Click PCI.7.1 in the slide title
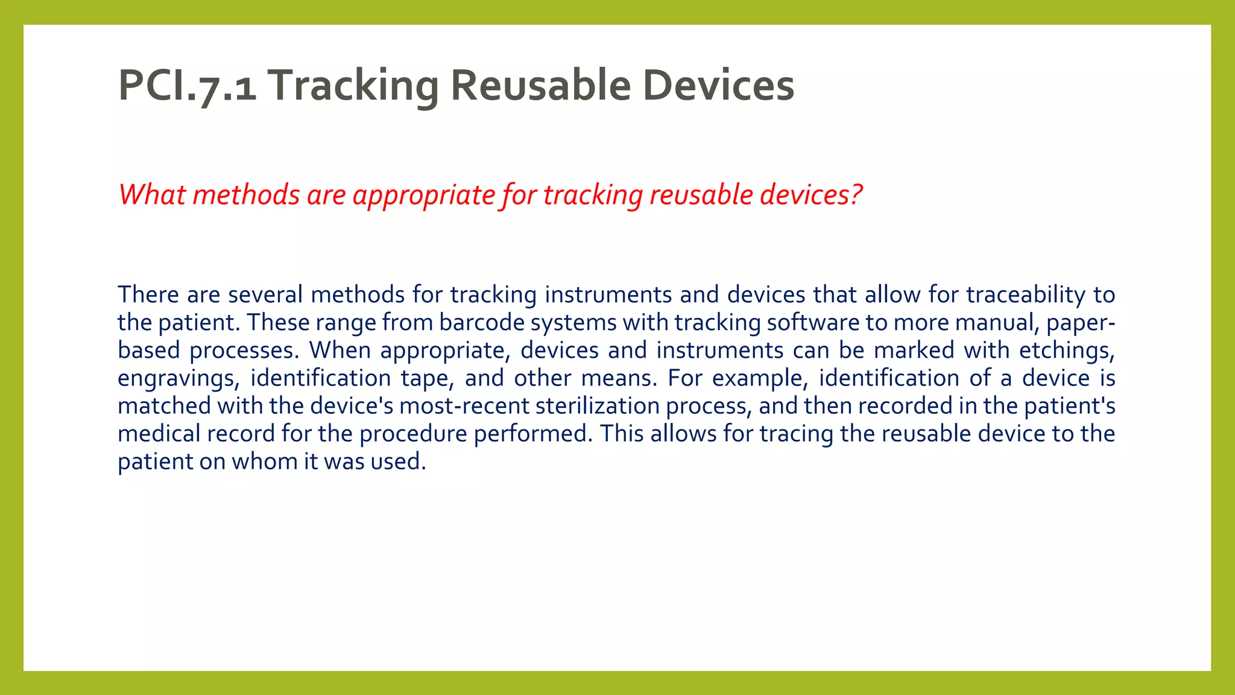pyautogui.click(x=187, y=86)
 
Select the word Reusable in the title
pyautogui.click(x=540, y=86)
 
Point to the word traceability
pyautogui.click(x=1026, y=294)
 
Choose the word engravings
pyautogui.click(x=178, y=379)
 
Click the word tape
pyautogui.click(x=426, y=379)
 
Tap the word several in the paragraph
pyautogui.click(x=265, y=294)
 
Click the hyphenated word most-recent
pyautogui.click(x=464, y=405)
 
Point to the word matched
pyautogui.click(x=164, y=405)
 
